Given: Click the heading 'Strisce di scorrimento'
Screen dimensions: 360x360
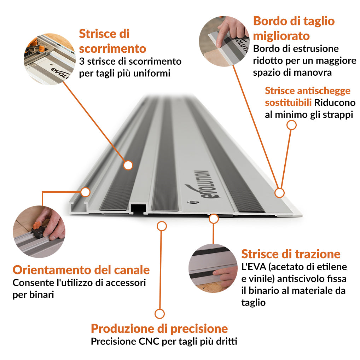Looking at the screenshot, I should click(112, 41).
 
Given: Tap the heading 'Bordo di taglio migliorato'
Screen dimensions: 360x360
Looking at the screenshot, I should click(294, 28).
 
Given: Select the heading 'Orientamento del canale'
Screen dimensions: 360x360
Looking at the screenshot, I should click(81, 270).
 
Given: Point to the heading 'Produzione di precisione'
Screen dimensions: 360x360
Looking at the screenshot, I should click(159, 329).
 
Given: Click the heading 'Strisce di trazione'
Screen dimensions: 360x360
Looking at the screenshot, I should click(291, 254).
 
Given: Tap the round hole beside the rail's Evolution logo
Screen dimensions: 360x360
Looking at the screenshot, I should click(192, 203).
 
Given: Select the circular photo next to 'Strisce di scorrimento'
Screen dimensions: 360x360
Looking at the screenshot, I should click(49, 59).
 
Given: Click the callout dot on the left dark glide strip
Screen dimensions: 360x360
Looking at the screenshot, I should click(128, 165).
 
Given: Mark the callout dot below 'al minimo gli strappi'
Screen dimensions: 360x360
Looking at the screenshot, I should click(291, 125).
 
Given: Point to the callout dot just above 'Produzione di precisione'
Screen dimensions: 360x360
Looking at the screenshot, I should click(159, 314).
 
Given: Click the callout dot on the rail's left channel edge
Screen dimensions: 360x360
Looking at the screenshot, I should click(85, 192).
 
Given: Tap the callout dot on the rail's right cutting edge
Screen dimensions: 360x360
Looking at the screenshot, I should click(279, 193).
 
